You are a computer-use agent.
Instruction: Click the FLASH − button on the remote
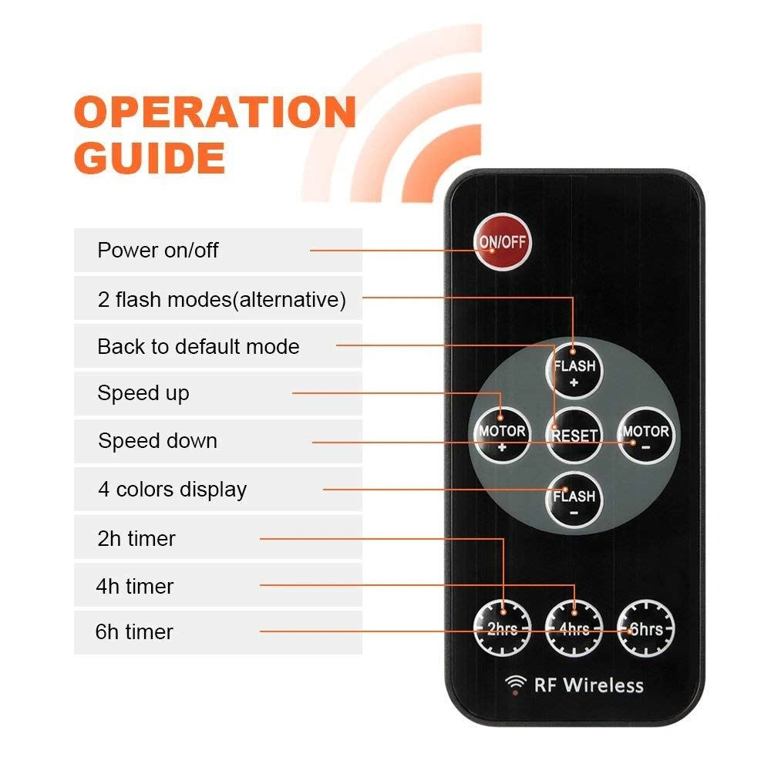[x=574, y=500]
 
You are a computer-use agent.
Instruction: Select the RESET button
[x=574, y=435]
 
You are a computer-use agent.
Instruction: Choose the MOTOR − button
[x=645, y=435]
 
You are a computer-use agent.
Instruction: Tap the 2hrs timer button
[x=502, y=628]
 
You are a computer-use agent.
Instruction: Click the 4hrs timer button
[x=574, y=628]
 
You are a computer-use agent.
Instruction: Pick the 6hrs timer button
[x=645, y=628]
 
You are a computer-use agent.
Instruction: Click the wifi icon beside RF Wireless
[x=515, y=685]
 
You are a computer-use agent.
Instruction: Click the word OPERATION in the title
[x=215, y=112]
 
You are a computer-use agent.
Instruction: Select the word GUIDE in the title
[x=150, y=157]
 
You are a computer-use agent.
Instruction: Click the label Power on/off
[x=158, y=251]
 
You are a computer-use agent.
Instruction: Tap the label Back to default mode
[x=199, y=347]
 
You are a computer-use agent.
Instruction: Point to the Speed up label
[x=143, y=393]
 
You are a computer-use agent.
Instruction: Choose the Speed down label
[x=157, y=440]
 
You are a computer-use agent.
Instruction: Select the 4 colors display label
[x=172, y=490]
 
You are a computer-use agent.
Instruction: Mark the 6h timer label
[x=134, y=632]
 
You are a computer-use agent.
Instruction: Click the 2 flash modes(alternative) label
[x=222, y=299]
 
